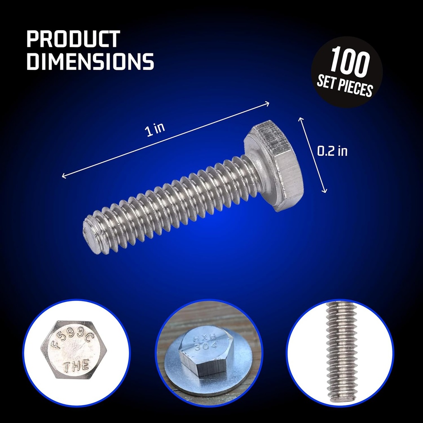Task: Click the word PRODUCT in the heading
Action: (x=73, y=39)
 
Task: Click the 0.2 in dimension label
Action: (x=332, y=152)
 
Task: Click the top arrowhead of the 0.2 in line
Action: (x=300, y=119)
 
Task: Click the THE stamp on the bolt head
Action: (x=76, y=365)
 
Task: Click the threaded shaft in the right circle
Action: (x=340, y=351)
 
